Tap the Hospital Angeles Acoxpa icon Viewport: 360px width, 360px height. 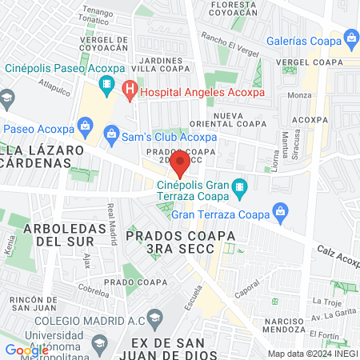[129, 92]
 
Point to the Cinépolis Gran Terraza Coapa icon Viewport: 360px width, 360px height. [238, 190]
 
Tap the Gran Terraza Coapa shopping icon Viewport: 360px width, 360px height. [279, 211]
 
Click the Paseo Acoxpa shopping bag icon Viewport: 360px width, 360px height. [84, 124]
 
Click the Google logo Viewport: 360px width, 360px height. [26, 350]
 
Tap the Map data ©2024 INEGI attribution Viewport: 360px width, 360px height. [312, 353]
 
